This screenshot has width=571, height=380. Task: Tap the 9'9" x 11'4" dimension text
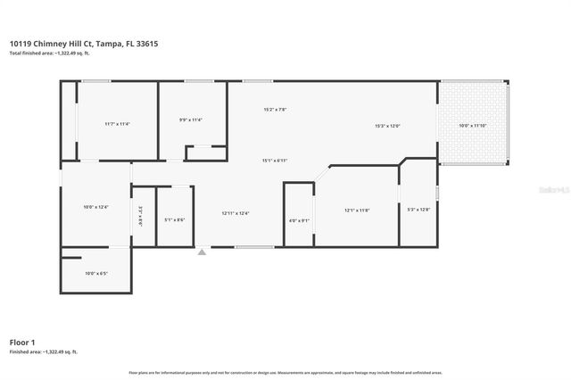click(x=191, y=120)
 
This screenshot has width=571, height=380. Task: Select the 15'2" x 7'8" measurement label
click(x=275, y=110)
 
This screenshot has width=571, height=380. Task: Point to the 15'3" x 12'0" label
click(x=387, y=126)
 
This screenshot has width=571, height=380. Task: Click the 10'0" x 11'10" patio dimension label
click(x=473, y=126)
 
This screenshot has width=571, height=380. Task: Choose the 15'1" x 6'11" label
click(x=275, y=161)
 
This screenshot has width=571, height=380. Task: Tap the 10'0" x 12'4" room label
click(x=95, y=207)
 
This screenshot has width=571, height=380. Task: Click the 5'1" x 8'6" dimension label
click(x=175, y=219)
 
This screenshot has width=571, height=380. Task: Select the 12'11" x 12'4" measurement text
click(x=236, y=213)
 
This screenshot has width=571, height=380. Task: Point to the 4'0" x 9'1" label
click(x=299, y=220)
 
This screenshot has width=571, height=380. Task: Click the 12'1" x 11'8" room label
click(x=357, y=211)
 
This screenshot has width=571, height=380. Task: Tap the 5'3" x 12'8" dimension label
click(x=418, y=210)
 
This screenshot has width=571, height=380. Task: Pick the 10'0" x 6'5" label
click(x=95, y=273)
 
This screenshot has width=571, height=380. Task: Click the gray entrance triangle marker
click(x=203, y=252)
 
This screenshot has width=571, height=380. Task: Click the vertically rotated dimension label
click(x=140, y=215)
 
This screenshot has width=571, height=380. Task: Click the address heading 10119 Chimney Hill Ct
click(x=86, y=43)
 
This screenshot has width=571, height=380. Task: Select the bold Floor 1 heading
click(x=22, y=342)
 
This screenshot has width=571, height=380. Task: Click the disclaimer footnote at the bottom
click(x=285, y=372)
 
